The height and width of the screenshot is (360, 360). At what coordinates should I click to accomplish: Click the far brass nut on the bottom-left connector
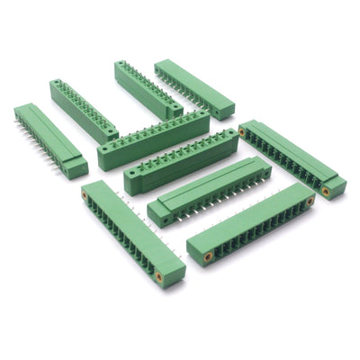[x=85, y=193]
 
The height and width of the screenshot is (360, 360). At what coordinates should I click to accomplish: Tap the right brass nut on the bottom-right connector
[x=310, y=202]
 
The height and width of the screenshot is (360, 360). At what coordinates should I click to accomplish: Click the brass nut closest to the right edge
[x=326, y=191]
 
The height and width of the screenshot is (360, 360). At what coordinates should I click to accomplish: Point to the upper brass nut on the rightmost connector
[x=241, y=132]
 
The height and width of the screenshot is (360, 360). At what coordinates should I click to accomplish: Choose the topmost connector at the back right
[x=193, y=88]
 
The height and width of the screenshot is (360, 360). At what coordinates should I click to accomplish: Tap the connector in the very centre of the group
[x=180, y=162]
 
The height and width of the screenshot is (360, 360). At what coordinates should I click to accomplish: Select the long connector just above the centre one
[x=153, y=139]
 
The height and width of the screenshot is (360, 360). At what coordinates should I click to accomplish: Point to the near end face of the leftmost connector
[x=75, y=168]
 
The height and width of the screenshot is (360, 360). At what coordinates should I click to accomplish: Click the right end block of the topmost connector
[x=221, y=109]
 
